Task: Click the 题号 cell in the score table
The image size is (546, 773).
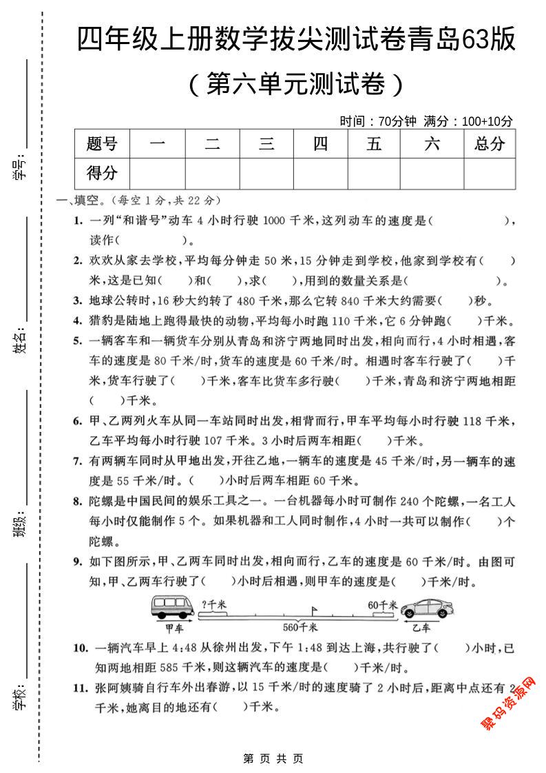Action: point(102,143)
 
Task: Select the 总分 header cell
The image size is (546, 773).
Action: point(490,143)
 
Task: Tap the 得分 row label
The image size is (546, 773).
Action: point(102,173)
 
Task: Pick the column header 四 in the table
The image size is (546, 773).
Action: point(321,143)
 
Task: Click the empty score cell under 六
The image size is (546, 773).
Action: point(432,173)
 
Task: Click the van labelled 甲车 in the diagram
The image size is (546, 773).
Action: point(174,608)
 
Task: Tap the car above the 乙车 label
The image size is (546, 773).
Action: point(428,609)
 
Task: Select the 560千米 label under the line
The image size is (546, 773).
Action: point(301,628)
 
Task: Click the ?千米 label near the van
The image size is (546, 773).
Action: point(214,604)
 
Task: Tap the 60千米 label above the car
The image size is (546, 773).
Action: point(383,604)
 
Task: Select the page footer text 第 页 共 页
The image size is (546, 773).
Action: point(273,759)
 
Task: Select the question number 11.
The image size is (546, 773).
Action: point(81,687)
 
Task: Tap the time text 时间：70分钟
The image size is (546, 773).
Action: point(378,121)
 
